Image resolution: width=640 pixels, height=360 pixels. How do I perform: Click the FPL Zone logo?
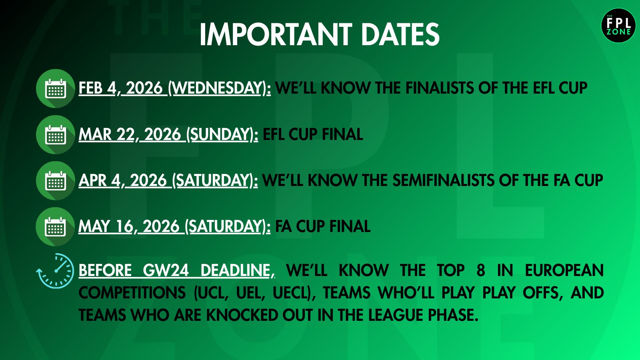(618, 26)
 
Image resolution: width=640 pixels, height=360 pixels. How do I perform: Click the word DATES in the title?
(400, 34)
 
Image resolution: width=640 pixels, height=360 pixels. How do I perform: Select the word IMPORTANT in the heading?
(276, 34)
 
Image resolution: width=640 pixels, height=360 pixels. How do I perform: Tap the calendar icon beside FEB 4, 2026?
(56, 88)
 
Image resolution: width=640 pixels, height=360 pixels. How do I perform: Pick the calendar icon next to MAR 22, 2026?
(56, 134)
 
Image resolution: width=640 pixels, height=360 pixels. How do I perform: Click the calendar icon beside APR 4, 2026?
(56, 180)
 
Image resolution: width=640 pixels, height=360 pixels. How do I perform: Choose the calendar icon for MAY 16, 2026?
(56, 226)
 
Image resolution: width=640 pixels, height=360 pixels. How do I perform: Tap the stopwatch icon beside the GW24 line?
(56, 270)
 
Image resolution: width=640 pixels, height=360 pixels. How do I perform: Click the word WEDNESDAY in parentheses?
(218, 88)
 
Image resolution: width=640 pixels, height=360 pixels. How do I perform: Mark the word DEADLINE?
(236, 270)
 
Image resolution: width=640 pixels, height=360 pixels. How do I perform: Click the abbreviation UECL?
(290, 292)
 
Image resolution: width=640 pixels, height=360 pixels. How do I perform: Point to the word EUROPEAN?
(564, 270)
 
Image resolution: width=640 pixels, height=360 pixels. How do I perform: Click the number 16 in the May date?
(124, 226)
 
